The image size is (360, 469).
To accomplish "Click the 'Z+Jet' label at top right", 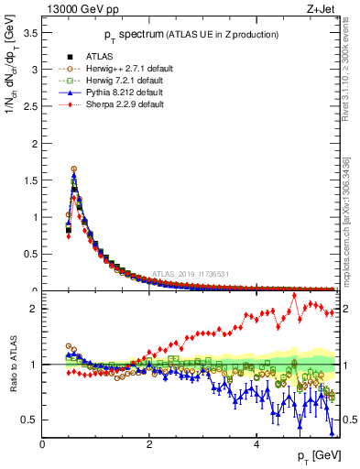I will coord(321,11).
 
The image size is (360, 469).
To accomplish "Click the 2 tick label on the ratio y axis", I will coord(33,309).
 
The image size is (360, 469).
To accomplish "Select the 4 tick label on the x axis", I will coord(256,444).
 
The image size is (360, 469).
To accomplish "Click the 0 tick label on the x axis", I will coord(42,444).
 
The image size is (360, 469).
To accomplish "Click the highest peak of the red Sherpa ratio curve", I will coord(294,295).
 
